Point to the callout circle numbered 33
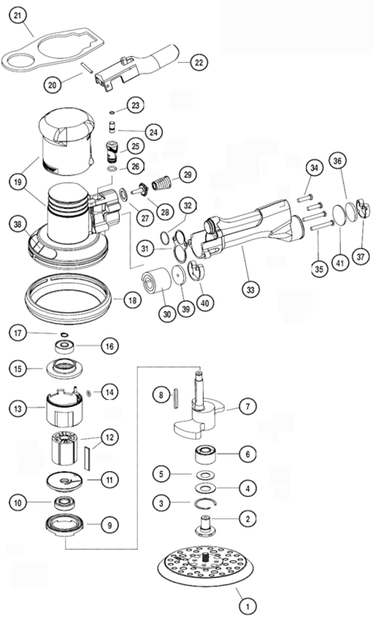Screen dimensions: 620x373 [x=247, y=289]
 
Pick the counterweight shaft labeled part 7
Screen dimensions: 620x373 [x=201, y=409]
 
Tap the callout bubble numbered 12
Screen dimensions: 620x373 [x=108, y=436]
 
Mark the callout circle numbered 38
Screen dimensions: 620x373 [x=17, y=223]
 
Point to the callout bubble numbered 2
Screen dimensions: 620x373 [x=245, y=518]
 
